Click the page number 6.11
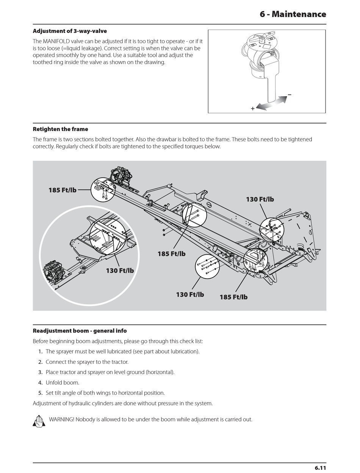320,468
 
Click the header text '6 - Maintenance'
293,14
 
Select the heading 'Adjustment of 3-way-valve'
70,31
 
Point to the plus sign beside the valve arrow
253,109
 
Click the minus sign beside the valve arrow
290,94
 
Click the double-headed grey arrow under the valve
271,103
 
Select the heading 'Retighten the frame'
60,129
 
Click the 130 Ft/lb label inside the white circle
120,271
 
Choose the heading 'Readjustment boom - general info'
80,331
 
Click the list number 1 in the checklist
40,352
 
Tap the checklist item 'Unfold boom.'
63,383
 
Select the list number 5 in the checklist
40,393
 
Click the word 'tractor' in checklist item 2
119,362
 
